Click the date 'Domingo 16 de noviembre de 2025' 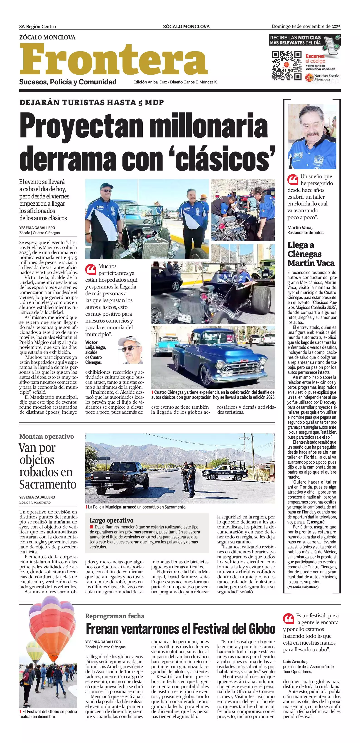click(x=306, y=27)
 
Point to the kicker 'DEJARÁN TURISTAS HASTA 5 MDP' click(x=91, y=102)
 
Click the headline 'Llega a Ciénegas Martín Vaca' click(x=311, y=254)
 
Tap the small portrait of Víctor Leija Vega click(x=130, y=351)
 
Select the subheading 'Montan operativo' click(x=47, y=436)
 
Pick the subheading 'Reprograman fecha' click(x=115, y=616)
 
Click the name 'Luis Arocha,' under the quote click(x=295, y=661)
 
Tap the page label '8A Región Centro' click(x=37, y=27)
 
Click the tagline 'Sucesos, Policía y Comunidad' click(x=68, y=82)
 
